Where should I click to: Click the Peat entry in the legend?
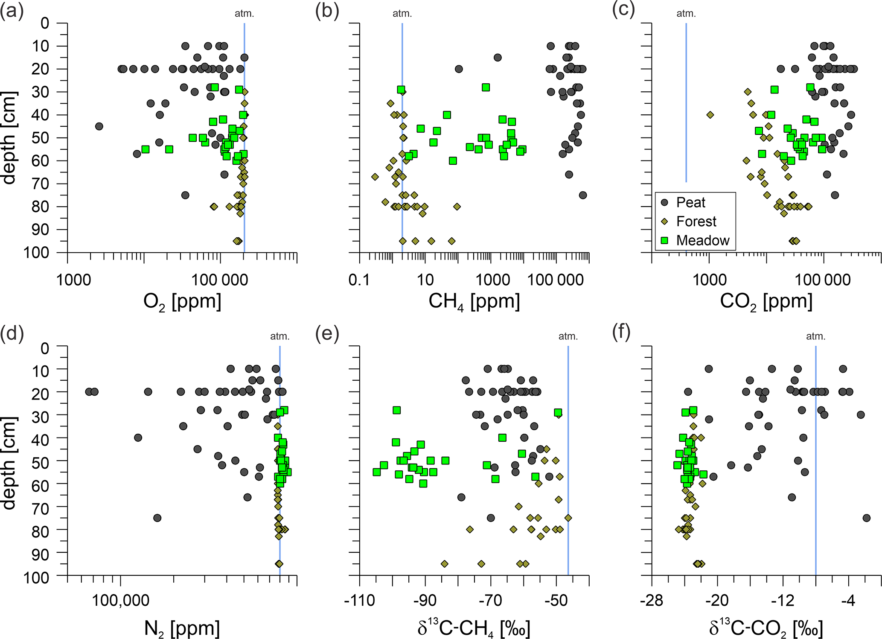(x=690, y=202)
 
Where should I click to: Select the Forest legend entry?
(x=696, y=222)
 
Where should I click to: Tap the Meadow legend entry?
(x=702, y=240)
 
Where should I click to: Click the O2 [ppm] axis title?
(x=182, y=302)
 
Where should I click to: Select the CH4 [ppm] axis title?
(x=474, y=302)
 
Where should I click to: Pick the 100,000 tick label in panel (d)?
(x=121, y=601)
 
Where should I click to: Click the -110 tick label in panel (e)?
(x=359, y=601)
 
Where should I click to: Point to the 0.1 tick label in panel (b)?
(x=359, y=280)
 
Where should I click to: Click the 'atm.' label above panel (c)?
(x=686, y=14)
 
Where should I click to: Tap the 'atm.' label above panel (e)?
(x=568, y=336)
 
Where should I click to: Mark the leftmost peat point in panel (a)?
(x=99, y=126)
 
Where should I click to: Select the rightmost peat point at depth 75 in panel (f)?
(x=866, y=518)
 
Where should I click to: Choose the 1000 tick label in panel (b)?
(x=492, y=280)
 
